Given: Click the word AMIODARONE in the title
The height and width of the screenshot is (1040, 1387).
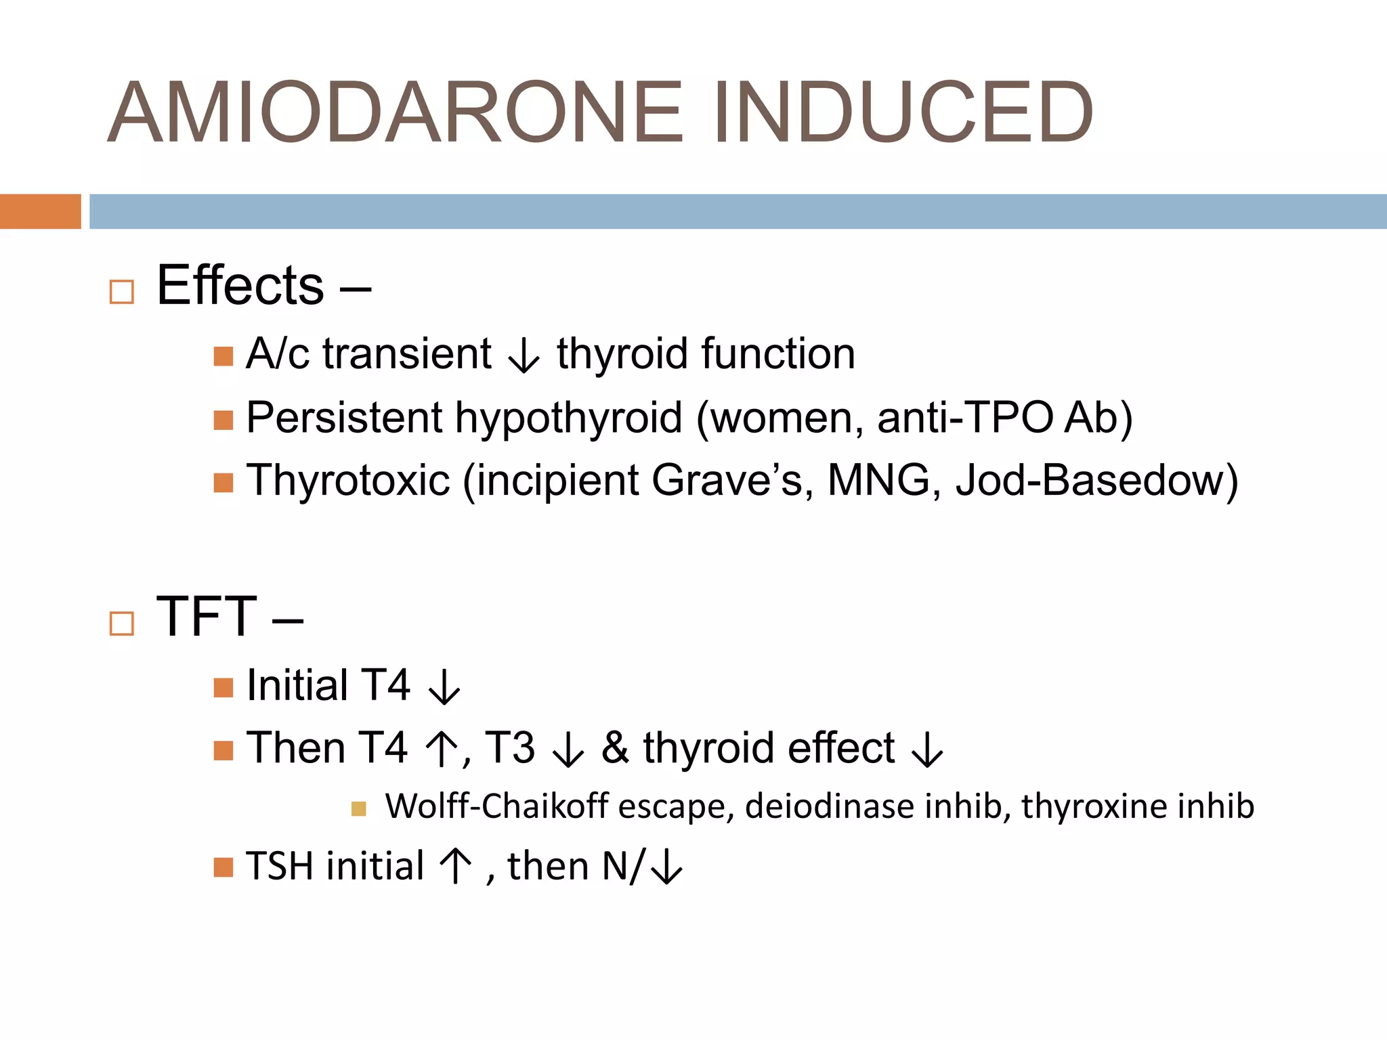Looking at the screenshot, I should tap(396, 112).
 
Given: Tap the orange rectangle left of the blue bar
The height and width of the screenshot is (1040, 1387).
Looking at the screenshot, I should tap(40, 211).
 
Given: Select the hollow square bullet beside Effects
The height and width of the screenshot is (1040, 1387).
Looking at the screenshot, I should tap(122, 292).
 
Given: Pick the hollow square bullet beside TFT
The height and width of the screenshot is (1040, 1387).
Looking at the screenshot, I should tap(122, 623).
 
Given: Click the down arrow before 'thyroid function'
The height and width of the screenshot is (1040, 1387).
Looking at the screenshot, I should tap(524, 355).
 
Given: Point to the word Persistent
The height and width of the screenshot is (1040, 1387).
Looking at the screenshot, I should tap(343, 417).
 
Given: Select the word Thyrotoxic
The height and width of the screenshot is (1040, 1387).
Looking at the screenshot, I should tap(348, 480).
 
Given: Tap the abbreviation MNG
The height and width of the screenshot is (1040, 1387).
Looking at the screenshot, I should tap(878, 480).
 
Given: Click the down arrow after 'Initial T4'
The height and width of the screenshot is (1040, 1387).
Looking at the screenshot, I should tap(444, 687).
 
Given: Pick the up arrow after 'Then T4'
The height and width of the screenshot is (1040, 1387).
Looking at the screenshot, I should tap(442, 750).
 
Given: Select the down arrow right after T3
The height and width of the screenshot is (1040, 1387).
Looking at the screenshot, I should tap(568, 750).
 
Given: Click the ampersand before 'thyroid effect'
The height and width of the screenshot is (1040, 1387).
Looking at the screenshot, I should tap(615, 748).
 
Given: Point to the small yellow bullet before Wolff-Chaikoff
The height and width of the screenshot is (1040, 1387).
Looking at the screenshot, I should tap(359, 808).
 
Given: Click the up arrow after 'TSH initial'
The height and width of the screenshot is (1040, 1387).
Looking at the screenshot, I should tap(455, 867).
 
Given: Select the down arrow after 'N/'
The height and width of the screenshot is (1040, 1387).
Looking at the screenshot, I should tap(667, 867).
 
